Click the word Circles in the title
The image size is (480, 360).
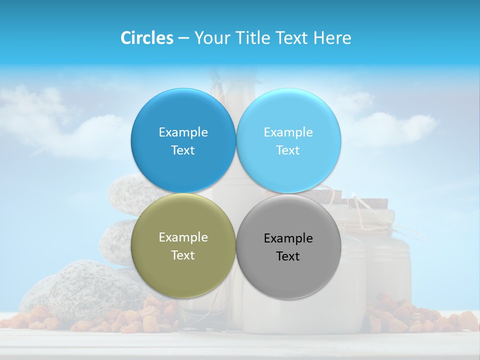(x=146, y=38)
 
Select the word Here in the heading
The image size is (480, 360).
(x=332, y=38)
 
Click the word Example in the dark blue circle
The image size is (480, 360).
(x=183, y=132)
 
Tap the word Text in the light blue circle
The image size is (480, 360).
(x=288, y=150)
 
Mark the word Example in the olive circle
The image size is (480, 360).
(x=183, y=237)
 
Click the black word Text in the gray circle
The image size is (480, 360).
(x=288, y=256)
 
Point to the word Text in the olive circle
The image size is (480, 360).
(x=183, y=255)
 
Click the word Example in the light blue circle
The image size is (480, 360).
(x=288, y=132)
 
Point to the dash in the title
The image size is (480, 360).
(x=183, y=38)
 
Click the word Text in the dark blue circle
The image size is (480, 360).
(x=183, y=150)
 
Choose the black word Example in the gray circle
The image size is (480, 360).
(x=288, y=238)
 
